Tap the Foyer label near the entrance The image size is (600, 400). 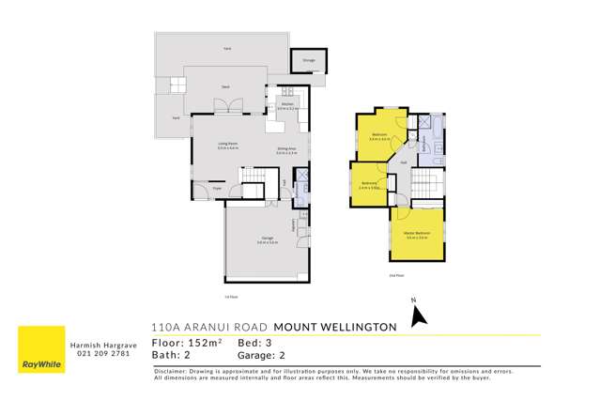coord(215,189)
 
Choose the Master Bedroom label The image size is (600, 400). coord(418,235)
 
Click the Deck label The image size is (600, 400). coord(225,86)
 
